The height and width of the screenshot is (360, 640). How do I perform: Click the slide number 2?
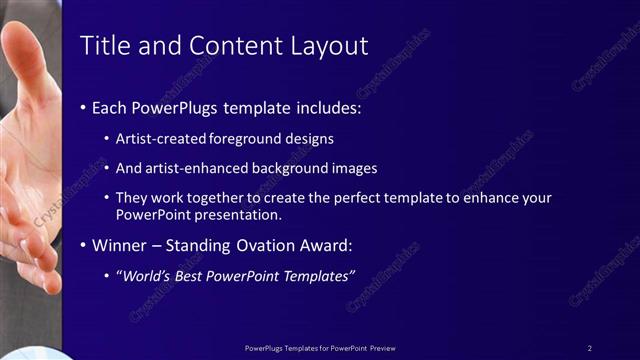pos(589,348)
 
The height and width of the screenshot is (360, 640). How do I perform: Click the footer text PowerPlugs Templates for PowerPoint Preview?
pos(320,348)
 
